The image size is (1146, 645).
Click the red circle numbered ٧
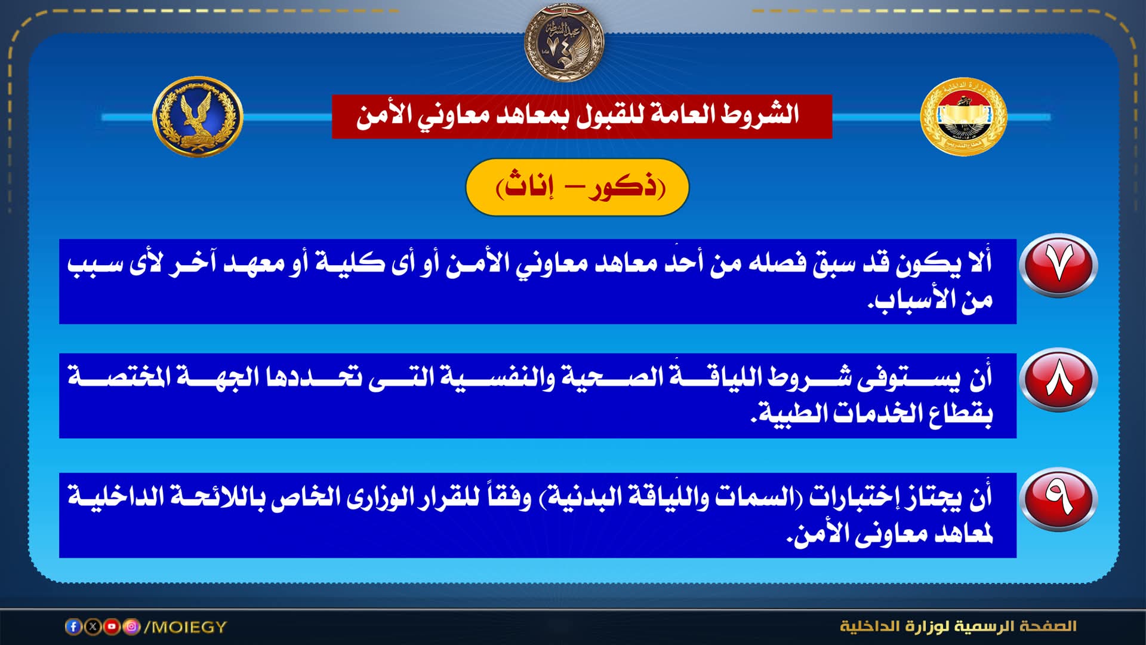coord(1058,265)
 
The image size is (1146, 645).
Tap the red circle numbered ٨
coord(1058,380)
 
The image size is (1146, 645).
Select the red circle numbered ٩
coord(1058,499)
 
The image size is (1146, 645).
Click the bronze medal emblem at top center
coord(564,42)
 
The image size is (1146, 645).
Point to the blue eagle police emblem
coord(198,116)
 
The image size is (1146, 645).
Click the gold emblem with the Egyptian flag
coord(963,116)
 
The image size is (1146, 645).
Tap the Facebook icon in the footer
coord(73,626)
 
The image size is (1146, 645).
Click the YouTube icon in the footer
coord(112,626)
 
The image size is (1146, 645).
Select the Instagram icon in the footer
coord(131,626)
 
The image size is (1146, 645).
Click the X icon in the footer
coord(93,626)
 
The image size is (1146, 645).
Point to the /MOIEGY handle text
coord(186,627)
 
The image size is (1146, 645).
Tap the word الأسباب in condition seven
coord(913,300)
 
